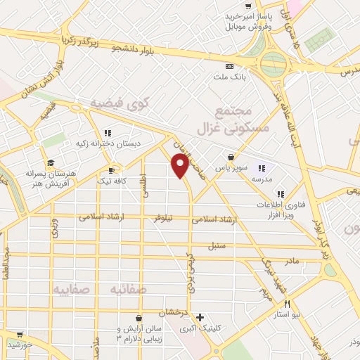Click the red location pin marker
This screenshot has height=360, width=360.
click(180, 165)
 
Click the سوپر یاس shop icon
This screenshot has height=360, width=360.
click(231, 157)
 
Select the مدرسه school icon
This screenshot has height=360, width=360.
click(262, 167)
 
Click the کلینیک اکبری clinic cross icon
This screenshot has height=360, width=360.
click(200, 317)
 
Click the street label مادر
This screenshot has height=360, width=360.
click(291, 261)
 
